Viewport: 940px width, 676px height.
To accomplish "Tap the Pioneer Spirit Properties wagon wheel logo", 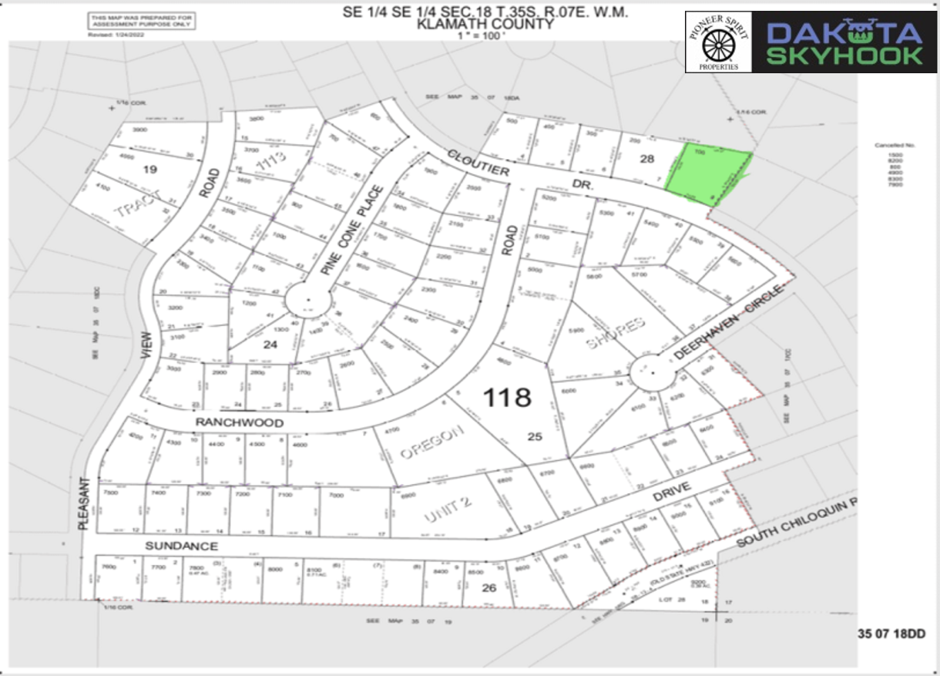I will pos(718,42).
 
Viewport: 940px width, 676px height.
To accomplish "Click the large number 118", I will pos(507,397).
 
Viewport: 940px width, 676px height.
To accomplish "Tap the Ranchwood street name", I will pos(229,423).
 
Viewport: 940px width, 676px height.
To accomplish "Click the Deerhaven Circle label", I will pos(730,322).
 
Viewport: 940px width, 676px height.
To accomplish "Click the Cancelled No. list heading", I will pos(893,145).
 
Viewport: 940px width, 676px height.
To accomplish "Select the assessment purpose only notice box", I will pos(140,22).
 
